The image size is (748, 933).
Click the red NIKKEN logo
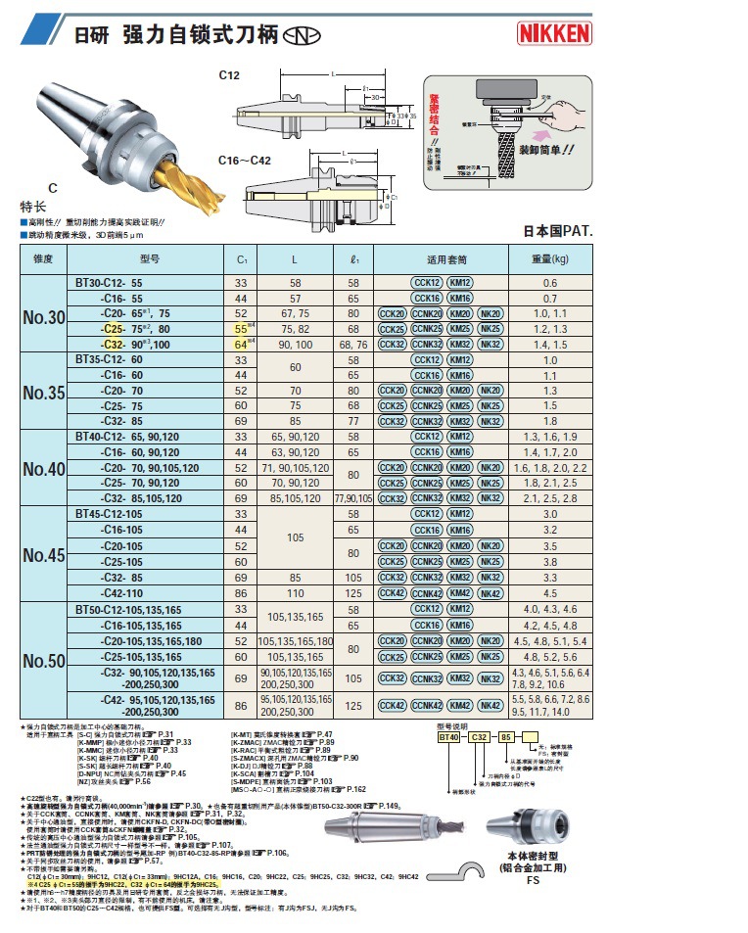pyautogui.click(x=554, y=34)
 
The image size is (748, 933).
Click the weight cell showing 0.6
pyautogui.click(x=550, y=283)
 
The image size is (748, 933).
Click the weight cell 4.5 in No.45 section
pyautogui.click(x=550, y=592)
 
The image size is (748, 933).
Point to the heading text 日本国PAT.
pyautogui.click(x=559, y=232)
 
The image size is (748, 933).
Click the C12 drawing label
pyautogui.click(x=228, y=74)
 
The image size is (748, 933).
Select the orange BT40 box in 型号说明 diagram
pyautogui.click(x=449, y=737)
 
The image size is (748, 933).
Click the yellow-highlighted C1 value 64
pyautogui.click(x=240, y=344)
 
